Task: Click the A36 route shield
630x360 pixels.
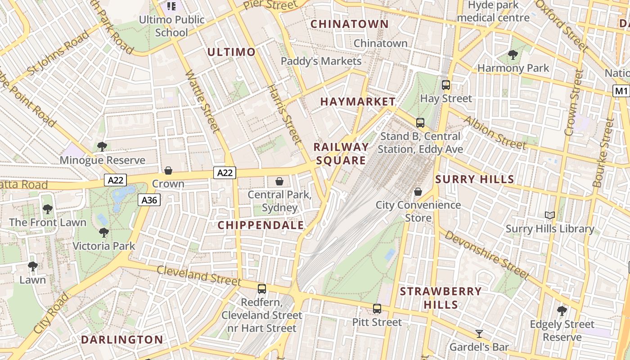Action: click(x=149, y=200)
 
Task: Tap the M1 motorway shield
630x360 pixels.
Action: click(x=621, y=91)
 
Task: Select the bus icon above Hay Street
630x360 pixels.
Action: click(x=445, y=85)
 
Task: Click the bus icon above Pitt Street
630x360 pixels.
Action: click(x=377, y=309)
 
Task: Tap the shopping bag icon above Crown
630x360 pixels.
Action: click(x=168, y=170)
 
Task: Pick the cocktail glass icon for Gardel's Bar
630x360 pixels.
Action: click(x=479, y=333)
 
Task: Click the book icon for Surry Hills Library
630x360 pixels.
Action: click(x=549, y=215)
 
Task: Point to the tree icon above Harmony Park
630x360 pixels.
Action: click(x=513, y=55)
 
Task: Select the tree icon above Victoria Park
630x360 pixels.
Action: click(x=104, y=233)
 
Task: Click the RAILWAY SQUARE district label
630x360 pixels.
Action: click(x=341, y=153)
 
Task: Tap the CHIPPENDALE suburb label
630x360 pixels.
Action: click(x=261, y=225)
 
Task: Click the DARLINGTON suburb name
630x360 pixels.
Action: click(x=122, y=339)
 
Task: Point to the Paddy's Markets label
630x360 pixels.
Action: click(x=321, y=61)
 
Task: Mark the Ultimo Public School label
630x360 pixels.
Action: click(x=171, y=26)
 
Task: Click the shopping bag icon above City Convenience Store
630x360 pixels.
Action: click(x=418, y=192)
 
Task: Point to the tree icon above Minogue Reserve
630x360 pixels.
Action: click(x=102, y=146)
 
